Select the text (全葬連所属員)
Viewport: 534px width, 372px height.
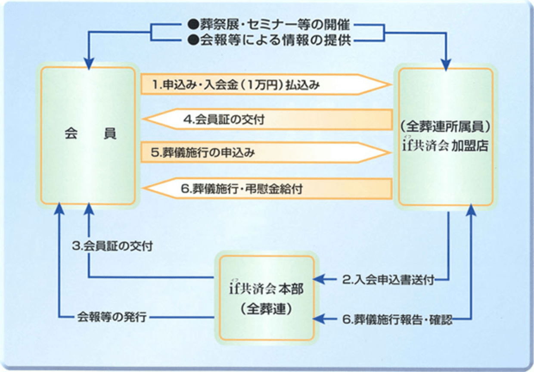coord(445,127)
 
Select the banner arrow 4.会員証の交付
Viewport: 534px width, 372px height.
coord(267,120)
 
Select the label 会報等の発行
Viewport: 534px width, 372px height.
coord(112,318)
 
